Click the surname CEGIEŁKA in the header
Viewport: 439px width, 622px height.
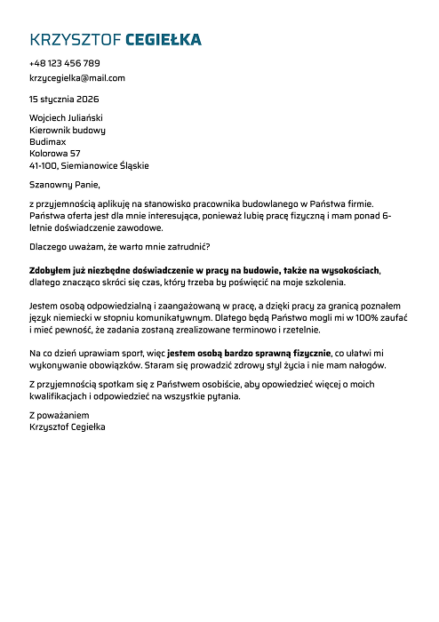click(164, 39)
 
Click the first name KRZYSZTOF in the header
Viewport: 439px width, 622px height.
click(76, 39)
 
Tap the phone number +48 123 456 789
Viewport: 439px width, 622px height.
click(64, 63)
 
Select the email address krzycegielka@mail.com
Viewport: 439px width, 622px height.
click(77, 77)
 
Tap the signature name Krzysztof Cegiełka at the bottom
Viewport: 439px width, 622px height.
click(68, 427)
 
